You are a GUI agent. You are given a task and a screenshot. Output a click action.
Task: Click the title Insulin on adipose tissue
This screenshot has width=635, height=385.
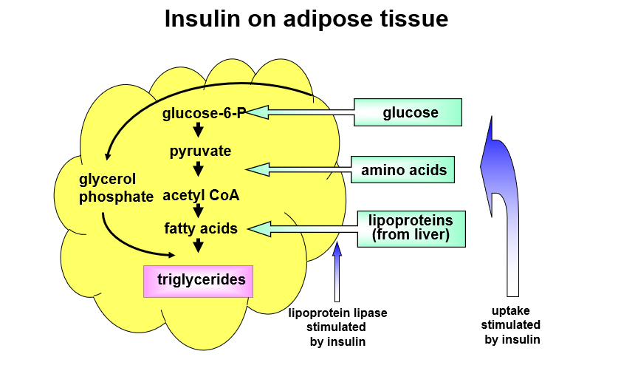pos(306,18)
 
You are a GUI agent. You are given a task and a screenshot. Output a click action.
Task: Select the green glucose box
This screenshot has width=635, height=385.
pos(410,112)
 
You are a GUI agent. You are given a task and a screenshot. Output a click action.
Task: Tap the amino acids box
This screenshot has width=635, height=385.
pos(403,170)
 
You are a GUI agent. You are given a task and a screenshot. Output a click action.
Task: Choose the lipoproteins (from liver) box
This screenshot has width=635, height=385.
pos(411,228)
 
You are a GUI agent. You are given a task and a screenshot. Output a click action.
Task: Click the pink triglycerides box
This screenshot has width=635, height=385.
pos(198,281)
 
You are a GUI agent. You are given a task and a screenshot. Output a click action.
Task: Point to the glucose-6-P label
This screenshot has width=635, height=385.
pos(204,113)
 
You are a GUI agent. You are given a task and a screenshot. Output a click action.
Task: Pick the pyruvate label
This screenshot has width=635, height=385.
pos(200,151)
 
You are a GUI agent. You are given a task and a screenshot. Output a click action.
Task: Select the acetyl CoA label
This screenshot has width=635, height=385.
pos(201,195)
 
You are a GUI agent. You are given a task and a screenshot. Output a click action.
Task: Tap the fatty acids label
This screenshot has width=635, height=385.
pos(201,228)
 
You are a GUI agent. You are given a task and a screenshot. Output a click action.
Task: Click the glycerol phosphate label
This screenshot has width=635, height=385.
pos(115,188)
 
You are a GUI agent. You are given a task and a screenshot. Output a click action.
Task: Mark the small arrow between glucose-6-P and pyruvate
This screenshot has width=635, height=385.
pos(198,132)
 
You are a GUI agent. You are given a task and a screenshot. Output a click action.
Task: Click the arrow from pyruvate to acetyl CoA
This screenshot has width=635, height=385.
pos(198,170)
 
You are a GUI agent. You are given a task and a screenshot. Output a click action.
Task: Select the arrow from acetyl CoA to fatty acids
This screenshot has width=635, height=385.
pos(198,211)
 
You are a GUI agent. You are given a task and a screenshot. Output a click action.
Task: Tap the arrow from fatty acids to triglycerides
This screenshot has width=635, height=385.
pos(198,245)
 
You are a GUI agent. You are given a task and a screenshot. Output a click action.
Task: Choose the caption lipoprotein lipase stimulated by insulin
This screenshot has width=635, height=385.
pos(337,327)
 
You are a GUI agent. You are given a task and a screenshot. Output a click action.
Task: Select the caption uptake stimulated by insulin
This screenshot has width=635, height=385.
pos(511,325)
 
